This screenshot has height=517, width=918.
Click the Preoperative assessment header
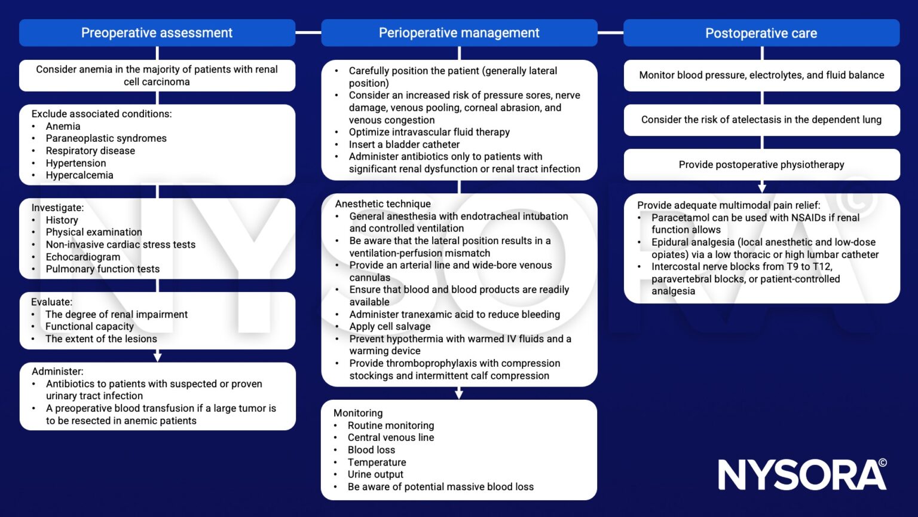[x=157, y=33]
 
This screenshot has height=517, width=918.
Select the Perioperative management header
[x=459, y=33]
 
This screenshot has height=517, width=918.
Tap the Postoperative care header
[x=761, y=33]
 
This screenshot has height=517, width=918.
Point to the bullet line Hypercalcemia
[x=79, y=175]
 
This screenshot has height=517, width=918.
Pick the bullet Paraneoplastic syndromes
[x=106, y=138]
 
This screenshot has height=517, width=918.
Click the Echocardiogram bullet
[x=83, y=257]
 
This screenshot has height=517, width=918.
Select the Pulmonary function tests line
[x=103, y=269]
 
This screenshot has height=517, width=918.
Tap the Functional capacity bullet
[x=90, y=327]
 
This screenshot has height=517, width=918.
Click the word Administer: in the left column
[x=57, y=372]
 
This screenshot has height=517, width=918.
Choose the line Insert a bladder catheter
[x=404, y=144]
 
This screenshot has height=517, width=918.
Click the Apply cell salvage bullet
[x=390, y=327]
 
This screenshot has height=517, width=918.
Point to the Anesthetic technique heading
[x=382, y=204]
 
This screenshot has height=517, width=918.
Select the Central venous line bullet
[x=391, y=437]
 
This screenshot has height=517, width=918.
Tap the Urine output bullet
[x=375, y=475]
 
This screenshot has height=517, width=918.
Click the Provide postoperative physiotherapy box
[x=761, y=165]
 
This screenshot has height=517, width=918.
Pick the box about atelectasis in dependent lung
[x=761, y=120]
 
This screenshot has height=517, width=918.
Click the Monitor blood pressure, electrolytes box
[x=761, y=75]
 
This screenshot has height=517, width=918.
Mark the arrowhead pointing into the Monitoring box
[x=459, y=394]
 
